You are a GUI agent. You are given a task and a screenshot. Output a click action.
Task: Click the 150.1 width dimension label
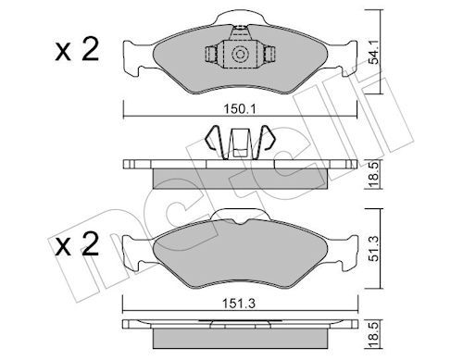pyautogui.click(x=240, y=109)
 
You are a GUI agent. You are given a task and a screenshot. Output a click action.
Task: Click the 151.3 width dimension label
pyautogui.click(x=240, y=304)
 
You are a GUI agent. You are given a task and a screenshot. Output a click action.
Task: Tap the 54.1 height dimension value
pyautogui.click(x=374, y=55)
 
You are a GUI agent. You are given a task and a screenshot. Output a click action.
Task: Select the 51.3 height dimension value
pyautogui.click(x=374, y=248)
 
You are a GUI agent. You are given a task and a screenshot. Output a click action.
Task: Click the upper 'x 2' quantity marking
pyautogui.click(x=77, y=49)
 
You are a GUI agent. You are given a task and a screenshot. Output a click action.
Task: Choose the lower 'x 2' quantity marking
pyautogui.click(x=77, y=243)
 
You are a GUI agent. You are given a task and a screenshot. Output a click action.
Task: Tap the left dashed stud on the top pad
pyautogui.click(x=211, y=55)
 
